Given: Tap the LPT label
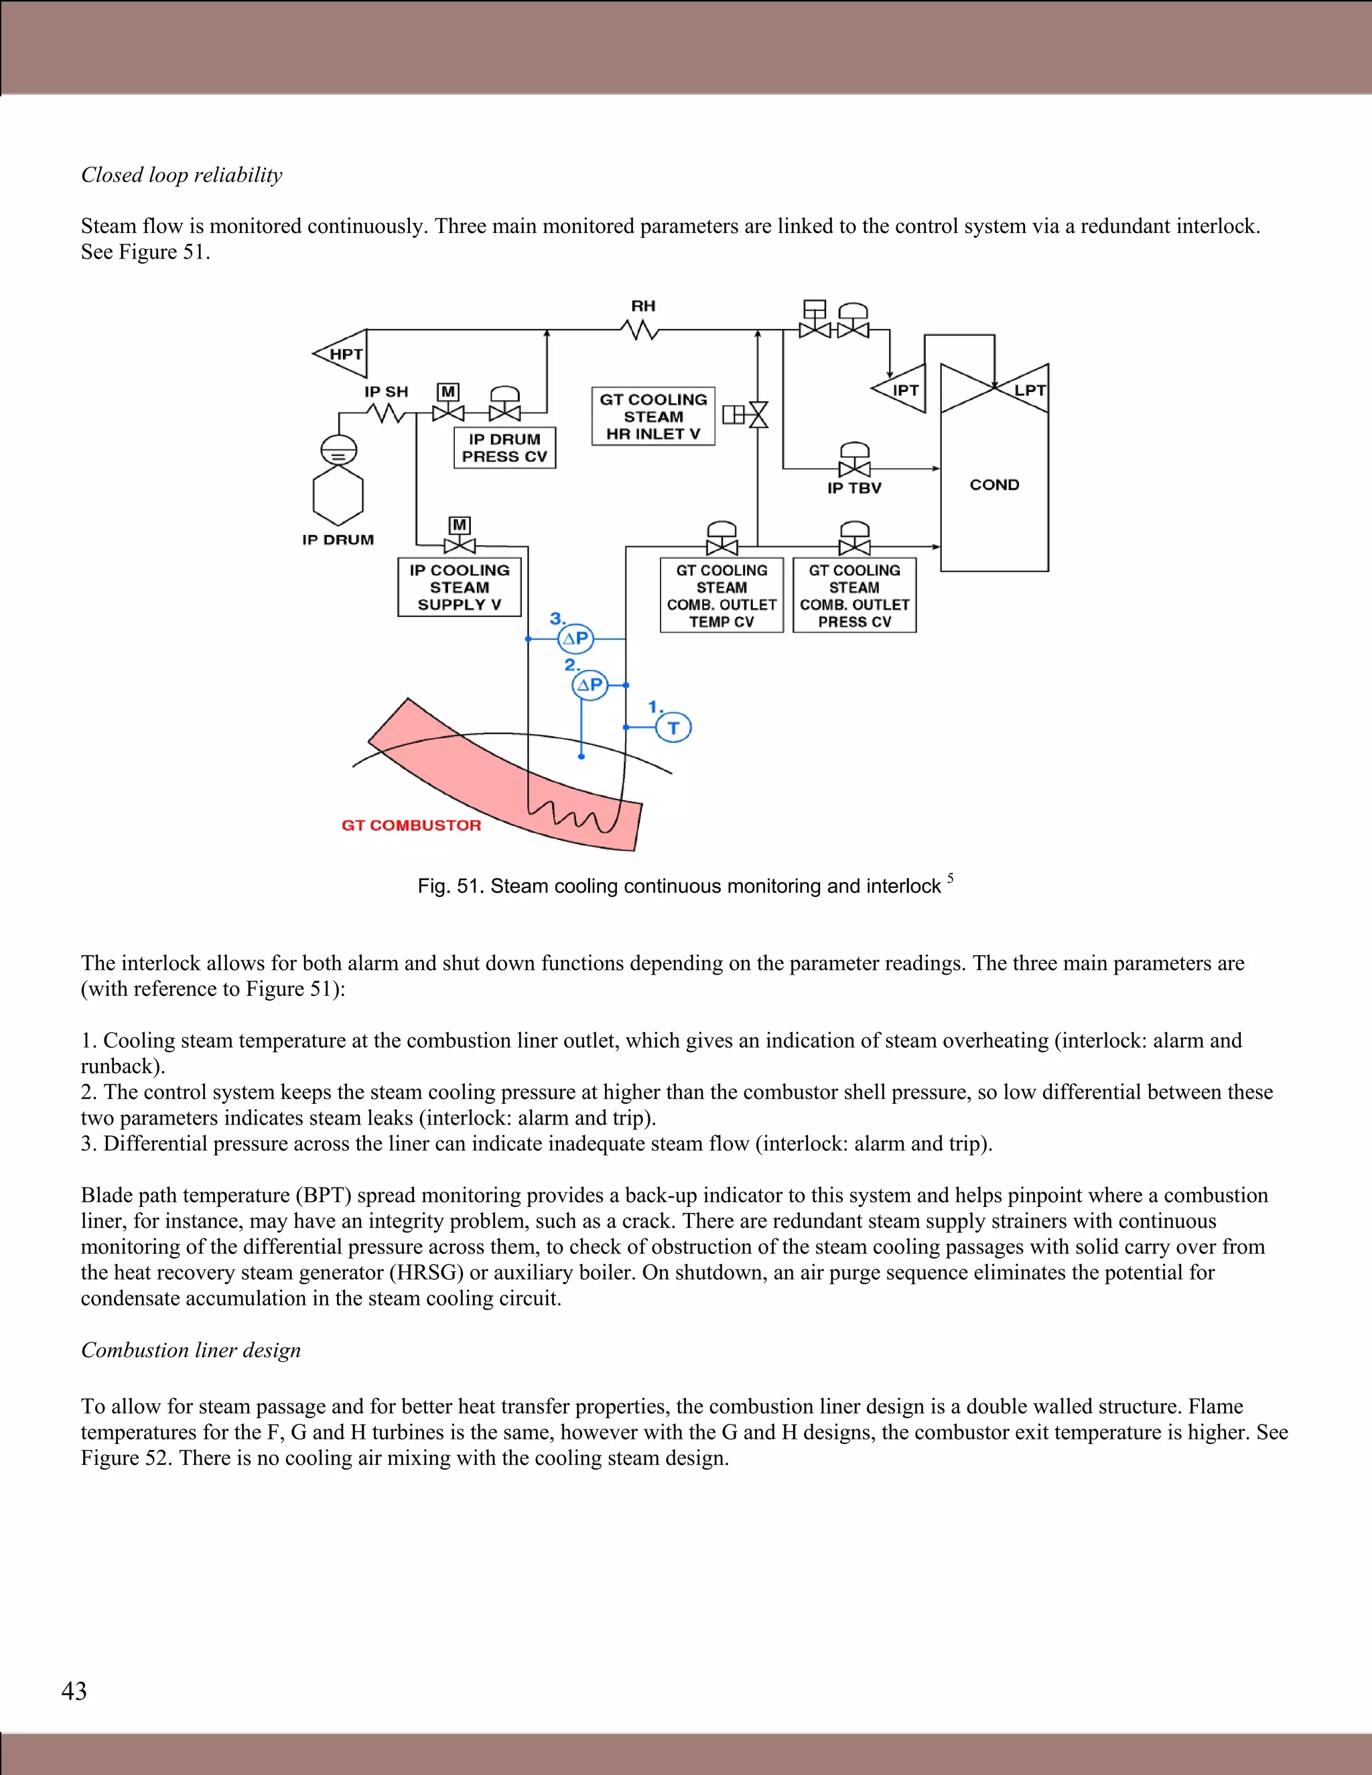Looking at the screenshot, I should pos(1029,390).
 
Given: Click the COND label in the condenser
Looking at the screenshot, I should pos(994,484).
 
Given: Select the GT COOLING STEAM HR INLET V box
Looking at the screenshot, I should pos(653,416).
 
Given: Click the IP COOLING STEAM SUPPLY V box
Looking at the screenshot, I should pos(459,587).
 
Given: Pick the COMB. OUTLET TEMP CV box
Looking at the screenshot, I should pos(721,595).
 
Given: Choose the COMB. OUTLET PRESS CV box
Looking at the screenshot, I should pos(854,595).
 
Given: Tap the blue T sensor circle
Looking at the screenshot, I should pos(673,727).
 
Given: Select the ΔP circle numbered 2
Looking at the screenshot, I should pos(590,685).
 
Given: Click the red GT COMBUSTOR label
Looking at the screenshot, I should pos(411,825).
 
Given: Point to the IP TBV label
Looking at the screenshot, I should pos(854,488).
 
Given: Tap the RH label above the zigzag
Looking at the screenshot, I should pos(643,306).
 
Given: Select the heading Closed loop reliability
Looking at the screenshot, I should pos(182,175).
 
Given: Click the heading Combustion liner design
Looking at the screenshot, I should pos(191,1350).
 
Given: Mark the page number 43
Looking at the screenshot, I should pos(74,1691).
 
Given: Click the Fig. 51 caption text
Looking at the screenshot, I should pos(679,886).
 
